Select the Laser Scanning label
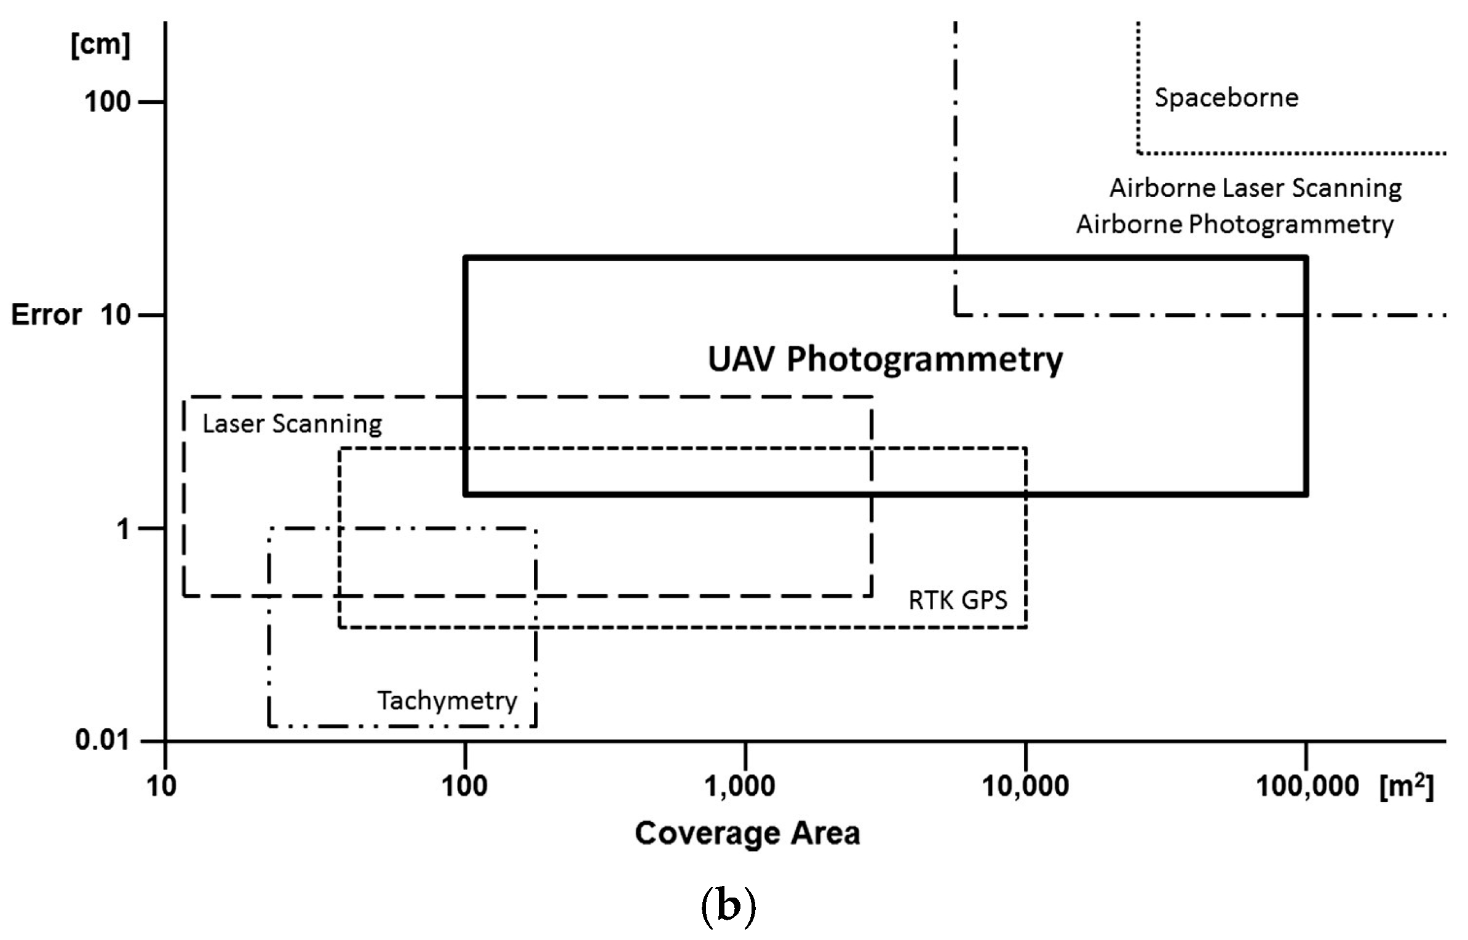pyautogui.click(x=292, y=424)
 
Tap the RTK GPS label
pyautogui.click(x=958, y=600)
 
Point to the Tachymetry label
pyautogui.click(x=447, y=701)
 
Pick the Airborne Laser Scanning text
pyautogui.click(x=1255, y=188)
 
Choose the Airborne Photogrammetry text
pyautogui.click(x=1234, y=225)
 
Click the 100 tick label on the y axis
pyautogui.click(x=108, y=102)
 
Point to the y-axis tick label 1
pyautogui.click(x=123, y=529)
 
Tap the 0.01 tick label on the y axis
pyautogui.click(x=102, y=739)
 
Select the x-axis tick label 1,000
pyautogui.click(x=739, y=787)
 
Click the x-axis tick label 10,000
pyautogui.click(x=1025, y=787)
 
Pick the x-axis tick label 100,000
pyautogui.click(x=1307, y=787)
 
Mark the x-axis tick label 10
pyautogui.click(x=162, y=787)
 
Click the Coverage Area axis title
pyautogui.click(x=747, y=834)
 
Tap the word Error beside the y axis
pyautogui.click(x=46, y=315)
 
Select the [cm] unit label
pyautogui.click(x=100, y=45)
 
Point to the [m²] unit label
pyautogui.click(x=1407, y=787)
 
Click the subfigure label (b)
pyautogui.click(x=728, y=905)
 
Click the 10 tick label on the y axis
pyautogui.click(x=115, y=315)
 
